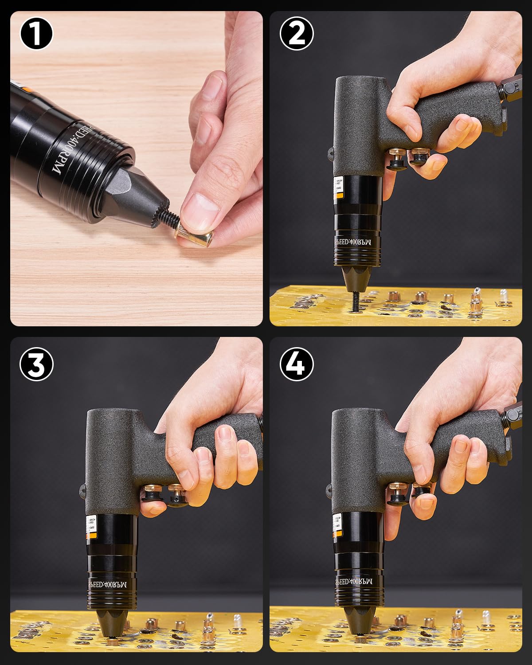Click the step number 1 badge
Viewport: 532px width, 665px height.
(x=36, y=33)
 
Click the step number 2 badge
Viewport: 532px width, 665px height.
(x=297, y=33)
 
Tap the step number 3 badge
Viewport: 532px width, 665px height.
(x=36, y=364)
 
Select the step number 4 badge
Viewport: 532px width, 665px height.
(x=297, y=364)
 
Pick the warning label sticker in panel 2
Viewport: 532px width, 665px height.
(x=339, y=186)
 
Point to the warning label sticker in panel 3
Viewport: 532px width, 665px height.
(x=91, y=525)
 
